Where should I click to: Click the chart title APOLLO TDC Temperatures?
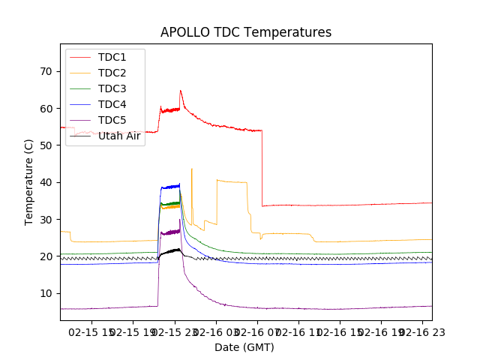[x=246, y=32]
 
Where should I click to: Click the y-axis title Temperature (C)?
[x=29, y=181]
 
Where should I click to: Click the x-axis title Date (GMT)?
[x=244, y=347]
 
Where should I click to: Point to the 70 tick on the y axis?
[x=47, y=71]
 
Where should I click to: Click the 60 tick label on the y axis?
[x=47, y=108]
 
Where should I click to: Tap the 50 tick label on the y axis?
[x=47, y=145]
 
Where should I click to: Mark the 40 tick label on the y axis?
[x=47, y=182]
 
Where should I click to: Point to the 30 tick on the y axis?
[x=47, y=219]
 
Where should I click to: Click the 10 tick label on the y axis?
[x=47, y=293]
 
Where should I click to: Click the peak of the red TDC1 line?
[x=180, y=91]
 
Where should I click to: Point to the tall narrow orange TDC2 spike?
[x=192, y=169]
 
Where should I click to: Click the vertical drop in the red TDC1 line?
[x=262, y=169]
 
